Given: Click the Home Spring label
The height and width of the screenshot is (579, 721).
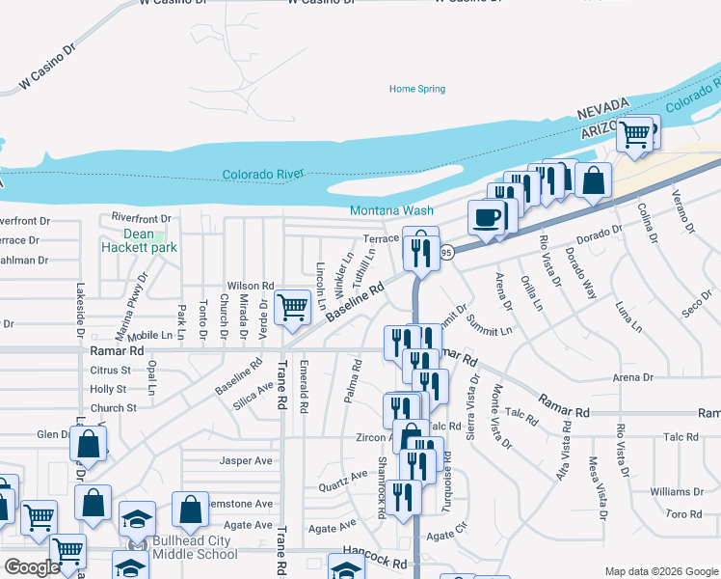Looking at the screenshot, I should [417, 89].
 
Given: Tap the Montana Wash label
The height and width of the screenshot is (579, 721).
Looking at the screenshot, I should [391, 210].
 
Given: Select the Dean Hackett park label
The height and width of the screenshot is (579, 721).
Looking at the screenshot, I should [138, 240].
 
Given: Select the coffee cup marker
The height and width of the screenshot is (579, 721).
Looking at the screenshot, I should [487, 216].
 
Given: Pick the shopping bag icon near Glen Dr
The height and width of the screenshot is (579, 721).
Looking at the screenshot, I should [89, 445].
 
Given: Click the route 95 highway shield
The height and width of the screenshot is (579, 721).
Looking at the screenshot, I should [446, 252].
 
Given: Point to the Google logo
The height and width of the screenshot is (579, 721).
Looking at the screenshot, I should [32, 567].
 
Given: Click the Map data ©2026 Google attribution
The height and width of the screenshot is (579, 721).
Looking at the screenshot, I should [660, 571].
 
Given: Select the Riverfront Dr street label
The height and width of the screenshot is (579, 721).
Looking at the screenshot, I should [141, 218].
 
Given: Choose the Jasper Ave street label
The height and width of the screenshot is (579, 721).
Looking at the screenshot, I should [241, 460].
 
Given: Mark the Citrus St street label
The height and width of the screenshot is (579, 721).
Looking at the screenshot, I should [109, 370].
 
